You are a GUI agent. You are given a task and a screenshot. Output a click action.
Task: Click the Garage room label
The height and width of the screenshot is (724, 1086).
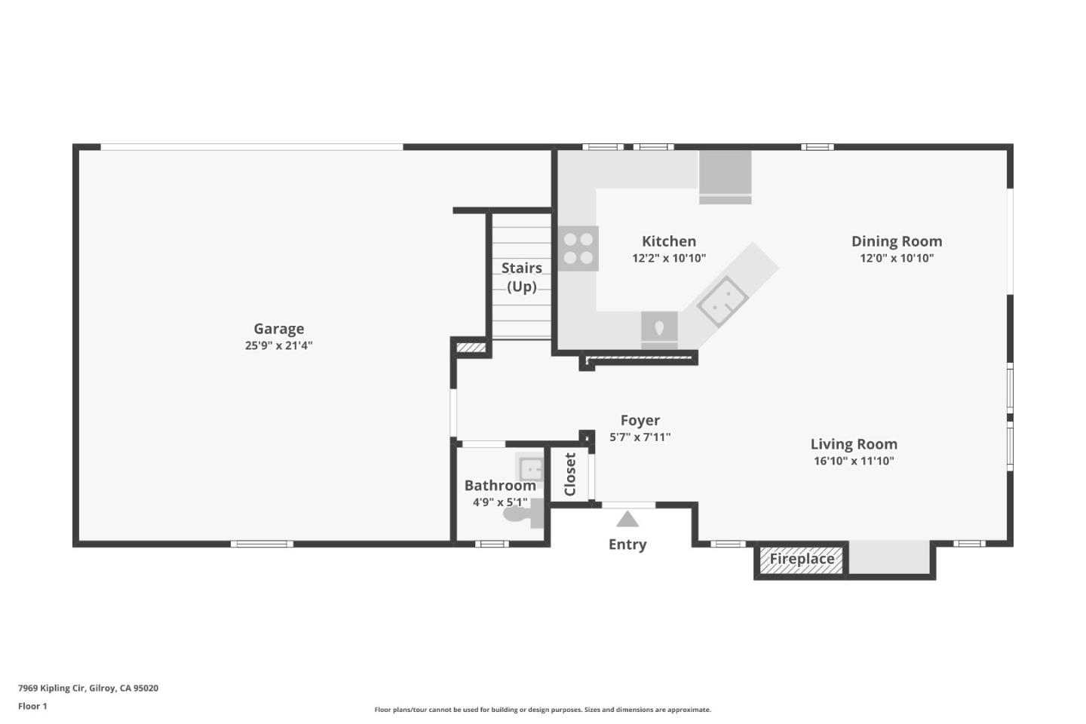278,329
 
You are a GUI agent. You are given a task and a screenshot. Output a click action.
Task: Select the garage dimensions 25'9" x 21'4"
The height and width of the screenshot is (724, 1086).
278,346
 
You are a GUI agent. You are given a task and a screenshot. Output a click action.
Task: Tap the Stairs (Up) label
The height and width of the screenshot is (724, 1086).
521,277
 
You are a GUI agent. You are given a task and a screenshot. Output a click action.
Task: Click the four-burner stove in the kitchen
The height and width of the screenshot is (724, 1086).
578,249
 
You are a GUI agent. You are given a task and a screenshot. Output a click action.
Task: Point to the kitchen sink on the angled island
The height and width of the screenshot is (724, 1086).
722,301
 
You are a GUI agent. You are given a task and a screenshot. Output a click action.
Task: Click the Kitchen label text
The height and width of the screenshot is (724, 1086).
668,241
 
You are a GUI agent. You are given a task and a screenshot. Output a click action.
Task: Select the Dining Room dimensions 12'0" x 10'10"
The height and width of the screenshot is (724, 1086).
896,259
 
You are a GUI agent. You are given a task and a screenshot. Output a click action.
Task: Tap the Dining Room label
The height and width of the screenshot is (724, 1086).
896,241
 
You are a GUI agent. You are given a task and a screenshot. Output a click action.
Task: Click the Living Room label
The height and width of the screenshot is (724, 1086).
853,444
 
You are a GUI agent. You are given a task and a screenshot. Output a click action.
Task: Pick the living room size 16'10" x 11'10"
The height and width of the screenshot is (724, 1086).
853,462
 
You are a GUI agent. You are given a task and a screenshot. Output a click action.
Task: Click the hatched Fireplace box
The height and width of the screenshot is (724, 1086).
801,560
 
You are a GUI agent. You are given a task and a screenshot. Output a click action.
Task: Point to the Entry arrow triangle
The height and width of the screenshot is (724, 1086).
627,520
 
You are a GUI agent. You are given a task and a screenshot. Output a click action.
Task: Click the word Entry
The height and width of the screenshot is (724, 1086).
627,545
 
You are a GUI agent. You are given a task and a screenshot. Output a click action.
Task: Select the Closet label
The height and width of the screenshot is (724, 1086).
570,474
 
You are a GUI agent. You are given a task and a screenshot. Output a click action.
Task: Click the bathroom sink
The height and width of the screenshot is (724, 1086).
530,468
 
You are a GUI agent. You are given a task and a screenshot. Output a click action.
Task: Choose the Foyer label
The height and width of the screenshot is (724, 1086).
640,420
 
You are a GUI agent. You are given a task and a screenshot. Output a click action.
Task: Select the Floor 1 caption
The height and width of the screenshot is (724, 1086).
32,707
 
